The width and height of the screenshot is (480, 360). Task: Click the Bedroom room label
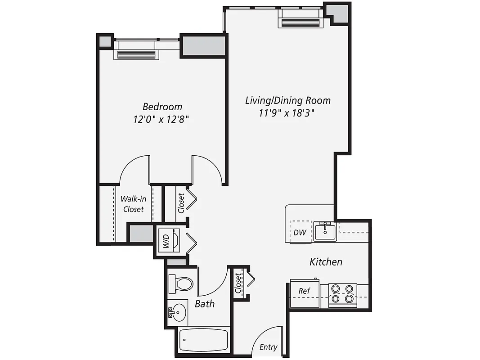[x=162, y=107]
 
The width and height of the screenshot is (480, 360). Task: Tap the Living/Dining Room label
[x=287, y=100]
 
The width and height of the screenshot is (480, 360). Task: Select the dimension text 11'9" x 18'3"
[x=287, y=113]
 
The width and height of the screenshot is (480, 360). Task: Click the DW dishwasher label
[x=300, y=233]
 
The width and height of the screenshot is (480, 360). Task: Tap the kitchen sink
[x=325, y=231]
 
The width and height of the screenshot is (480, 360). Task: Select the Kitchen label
[x=326, y=261]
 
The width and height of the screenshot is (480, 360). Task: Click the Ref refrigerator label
[x=304, y=291]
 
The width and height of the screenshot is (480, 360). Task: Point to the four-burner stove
[x=343, y=293]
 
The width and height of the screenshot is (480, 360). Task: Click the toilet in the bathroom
[x=181, y=283]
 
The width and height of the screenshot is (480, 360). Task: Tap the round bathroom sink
[x=179, y=311]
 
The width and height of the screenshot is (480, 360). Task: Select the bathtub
[x=204, y=341]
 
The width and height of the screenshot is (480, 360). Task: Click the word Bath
[x=205, y=304]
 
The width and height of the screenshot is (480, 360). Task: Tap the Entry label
[x=269, y=347]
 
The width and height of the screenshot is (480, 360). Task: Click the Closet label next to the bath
[x=238, y=284]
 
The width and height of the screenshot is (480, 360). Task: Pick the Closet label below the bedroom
[x=181, y=203]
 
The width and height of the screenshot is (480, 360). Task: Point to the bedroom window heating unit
[x=136, y=54]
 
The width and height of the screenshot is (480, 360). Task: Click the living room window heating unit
[x=301, y=23]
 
